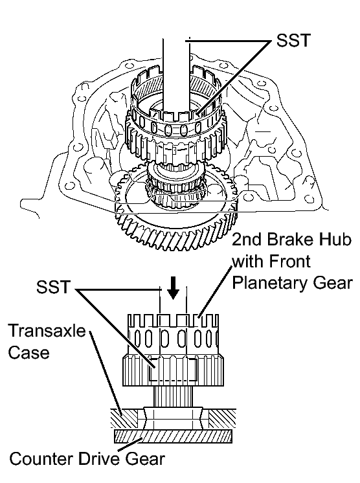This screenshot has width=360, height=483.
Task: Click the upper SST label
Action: click(293, 40)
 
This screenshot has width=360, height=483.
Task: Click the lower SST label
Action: click(53, 287)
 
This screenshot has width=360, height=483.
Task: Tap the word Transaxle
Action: click(47, 330)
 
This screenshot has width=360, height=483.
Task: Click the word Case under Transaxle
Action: click(28, 352)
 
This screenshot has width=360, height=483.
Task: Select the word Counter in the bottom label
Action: click(41, 458)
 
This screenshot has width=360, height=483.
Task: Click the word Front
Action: click(290, 261)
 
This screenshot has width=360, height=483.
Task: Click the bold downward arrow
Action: click(174, 287)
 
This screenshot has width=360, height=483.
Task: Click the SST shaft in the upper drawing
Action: click(176, 77)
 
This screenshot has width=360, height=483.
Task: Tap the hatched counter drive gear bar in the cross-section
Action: click(173, 436)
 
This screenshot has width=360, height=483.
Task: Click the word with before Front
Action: click(249, 261)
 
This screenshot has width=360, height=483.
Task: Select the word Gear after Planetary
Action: click(333, 283)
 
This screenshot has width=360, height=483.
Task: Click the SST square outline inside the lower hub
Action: click(174, 369)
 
